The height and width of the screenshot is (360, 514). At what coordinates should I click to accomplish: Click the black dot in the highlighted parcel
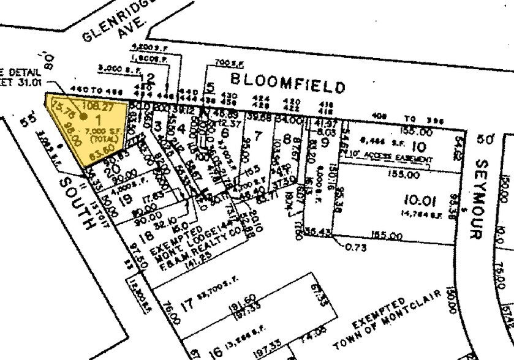(83, 115)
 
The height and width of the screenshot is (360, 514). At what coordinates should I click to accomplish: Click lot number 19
(126, 198)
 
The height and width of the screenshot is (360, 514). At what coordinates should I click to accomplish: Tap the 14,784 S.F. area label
(418, 214)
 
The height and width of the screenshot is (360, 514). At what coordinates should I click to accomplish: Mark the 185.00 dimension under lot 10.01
(387, 236)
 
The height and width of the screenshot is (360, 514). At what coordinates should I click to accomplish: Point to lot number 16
(214, 353)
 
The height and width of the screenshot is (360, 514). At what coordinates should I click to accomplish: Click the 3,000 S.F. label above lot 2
(118, 69)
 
